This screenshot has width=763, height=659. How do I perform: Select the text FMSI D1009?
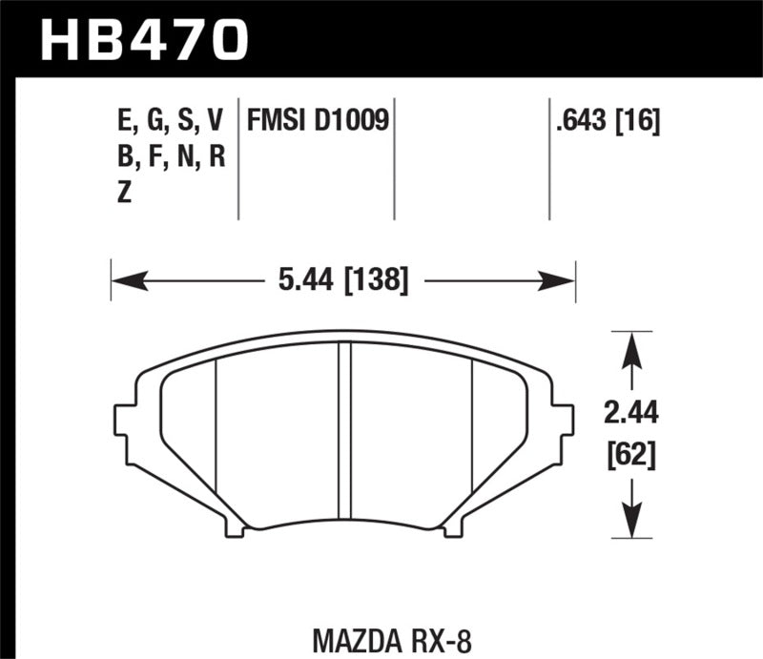[x=318, y=121]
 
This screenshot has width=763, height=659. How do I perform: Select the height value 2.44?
[x=630, y=414]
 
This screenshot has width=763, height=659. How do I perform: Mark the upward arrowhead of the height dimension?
[x=629, y=350]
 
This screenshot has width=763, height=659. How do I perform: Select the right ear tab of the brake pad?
[x=563, y=420]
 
